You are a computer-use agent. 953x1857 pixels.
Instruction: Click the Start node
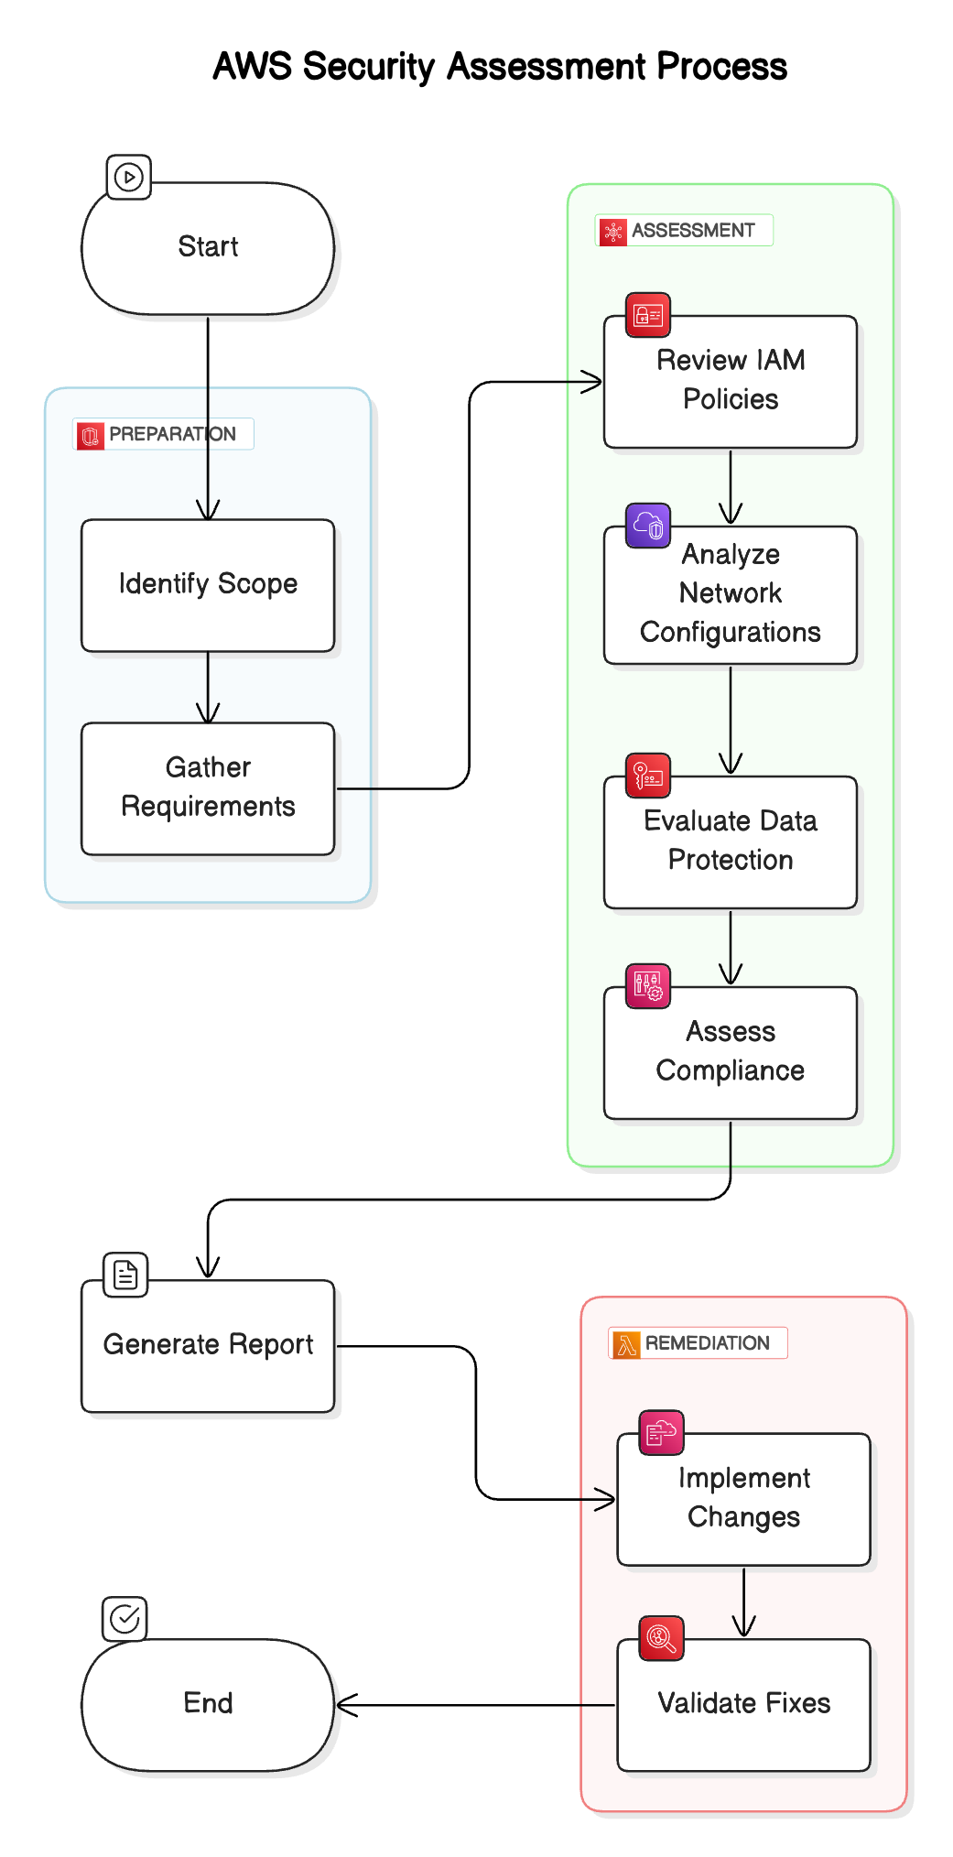click(208, 248)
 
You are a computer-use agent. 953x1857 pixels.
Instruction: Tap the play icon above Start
click(129, 177)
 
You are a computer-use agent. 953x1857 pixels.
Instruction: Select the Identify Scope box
click(208, 585)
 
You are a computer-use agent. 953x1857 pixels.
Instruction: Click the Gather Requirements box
click(208, 788)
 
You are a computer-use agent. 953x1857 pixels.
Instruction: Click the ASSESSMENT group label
click(684, 231)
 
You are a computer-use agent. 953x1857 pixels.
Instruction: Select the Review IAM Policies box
click(730, 382)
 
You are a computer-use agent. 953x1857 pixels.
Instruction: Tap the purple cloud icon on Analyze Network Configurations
click(648, 526)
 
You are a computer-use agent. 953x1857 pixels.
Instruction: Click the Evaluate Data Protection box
click(730, 842)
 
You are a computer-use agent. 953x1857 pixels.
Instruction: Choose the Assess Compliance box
click(730, 1052)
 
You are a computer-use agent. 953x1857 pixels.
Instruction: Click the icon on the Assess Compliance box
click(648, 986)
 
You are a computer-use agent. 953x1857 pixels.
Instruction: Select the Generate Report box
click(208, 1345)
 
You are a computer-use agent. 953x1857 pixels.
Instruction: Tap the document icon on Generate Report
click(125, 1275)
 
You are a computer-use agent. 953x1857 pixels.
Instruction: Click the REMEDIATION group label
click(698, 1343)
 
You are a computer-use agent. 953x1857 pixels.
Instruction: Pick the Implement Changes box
click(743, 1499)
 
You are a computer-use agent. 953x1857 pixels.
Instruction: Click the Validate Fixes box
click(743, 1704)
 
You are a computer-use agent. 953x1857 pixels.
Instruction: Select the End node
click(208, 1704)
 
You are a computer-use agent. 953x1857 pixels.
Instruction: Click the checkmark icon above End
click(125, 1619)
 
